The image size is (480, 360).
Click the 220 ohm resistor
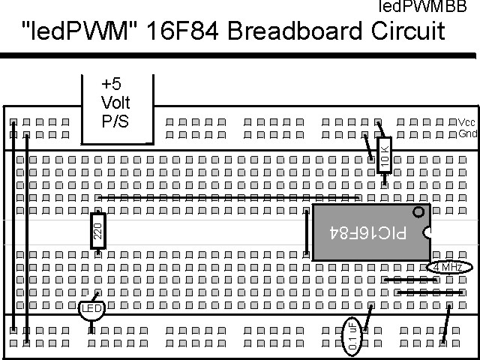tap(97, 230)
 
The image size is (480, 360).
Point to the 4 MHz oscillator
tap(448, 267)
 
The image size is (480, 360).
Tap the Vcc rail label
tap(466, 122)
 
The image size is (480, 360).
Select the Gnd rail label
tap(467, 134)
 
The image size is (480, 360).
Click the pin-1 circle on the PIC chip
tap(418, 212)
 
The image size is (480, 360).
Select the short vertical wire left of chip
tap(307, 232)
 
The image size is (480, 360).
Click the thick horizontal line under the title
tap(240, 55)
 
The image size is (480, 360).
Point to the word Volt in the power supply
tap(115, 103)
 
